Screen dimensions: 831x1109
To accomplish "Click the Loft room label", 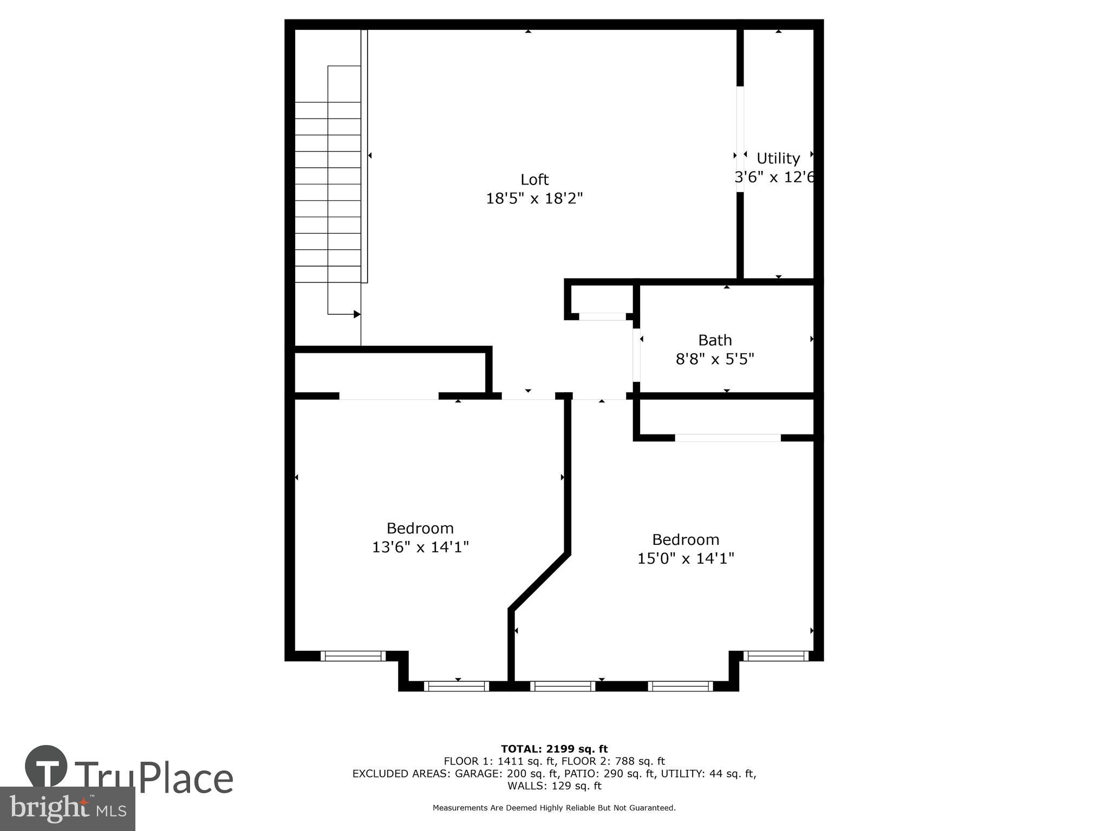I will point(534,180).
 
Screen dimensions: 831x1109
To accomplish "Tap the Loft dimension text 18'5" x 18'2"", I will point(534,199).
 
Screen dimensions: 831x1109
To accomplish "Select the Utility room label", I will point(778,159).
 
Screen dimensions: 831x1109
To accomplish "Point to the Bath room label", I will point(715,340).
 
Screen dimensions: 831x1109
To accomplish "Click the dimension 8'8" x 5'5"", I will point(715,359).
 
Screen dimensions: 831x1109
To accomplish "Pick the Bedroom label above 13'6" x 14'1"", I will point(420,528).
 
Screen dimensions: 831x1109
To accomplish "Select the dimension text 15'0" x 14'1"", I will point(686,558).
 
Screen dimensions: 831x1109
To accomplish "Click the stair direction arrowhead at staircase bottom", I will point(357,314).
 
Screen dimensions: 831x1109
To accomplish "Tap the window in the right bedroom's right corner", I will point(775,656).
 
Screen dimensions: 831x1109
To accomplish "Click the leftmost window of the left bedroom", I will point(353,656).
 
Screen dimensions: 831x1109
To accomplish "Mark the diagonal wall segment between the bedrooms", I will point(539,582).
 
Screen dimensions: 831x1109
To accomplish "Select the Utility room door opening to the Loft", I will point(740,139).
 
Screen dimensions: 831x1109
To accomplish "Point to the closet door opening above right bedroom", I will point(728,437).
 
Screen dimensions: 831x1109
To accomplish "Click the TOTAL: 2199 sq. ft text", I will point(554,749).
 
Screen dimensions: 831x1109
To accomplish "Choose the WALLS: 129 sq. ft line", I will point(554,786).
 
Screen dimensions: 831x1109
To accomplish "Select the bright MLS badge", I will point(68,808).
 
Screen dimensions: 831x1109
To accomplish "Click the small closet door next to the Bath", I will point(602,316).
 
